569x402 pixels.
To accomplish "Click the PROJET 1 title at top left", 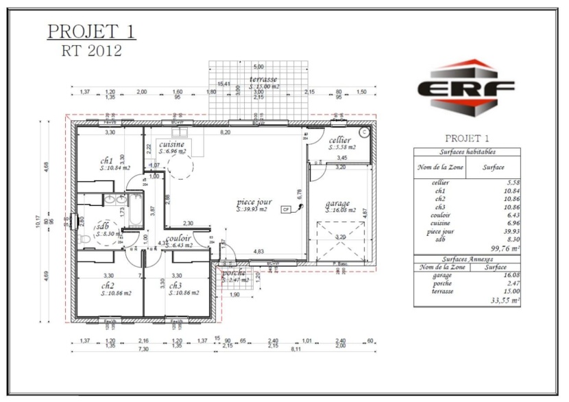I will click(91, 32).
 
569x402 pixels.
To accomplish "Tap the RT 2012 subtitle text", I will click(91, 50).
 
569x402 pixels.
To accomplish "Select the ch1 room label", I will click(106, 161).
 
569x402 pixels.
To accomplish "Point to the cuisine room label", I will click(171, 145).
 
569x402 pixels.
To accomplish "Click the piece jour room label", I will click(254, 203).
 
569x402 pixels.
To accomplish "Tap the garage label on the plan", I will click(338, 203).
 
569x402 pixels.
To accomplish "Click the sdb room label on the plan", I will click(103, 226).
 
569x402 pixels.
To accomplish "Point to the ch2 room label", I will click(108, 285).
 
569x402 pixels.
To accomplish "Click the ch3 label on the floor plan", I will click(175, 285).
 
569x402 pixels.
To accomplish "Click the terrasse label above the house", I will click(263, 80).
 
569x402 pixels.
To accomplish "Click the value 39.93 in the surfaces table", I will click(507, 231).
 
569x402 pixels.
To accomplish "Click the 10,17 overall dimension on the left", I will click(39, 221).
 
